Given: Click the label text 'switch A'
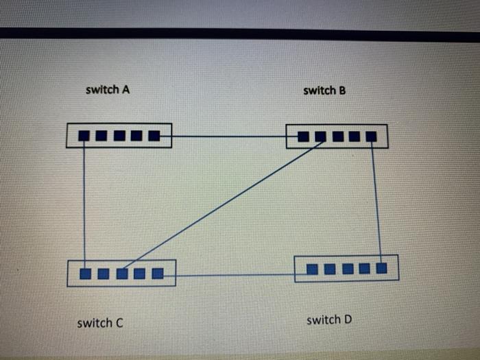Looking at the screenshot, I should point(107,89).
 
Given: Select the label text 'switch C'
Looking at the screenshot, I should point(100,322).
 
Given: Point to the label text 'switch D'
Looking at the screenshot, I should point(329,320).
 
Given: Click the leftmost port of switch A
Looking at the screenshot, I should point(84,136).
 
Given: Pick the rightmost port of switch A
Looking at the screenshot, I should point(154,136).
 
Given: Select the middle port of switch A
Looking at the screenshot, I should point(119,136).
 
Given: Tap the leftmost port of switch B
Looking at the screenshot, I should point(303,136).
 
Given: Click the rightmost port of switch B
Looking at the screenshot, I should point(371,136).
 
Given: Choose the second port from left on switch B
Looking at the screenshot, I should point(320,136).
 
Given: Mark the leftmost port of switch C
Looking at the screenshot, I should point(86,274).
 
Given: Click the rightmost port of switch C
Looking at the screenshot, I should point(158,274).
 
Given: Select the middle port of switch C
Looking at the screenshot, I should point(122,274).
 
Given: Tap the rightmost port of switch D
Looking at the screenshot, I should point(381,268).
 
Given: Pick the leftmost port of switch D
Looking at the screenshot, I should point(312,268).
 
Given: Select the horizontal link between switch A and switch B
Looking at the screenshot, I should point(228,136).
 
